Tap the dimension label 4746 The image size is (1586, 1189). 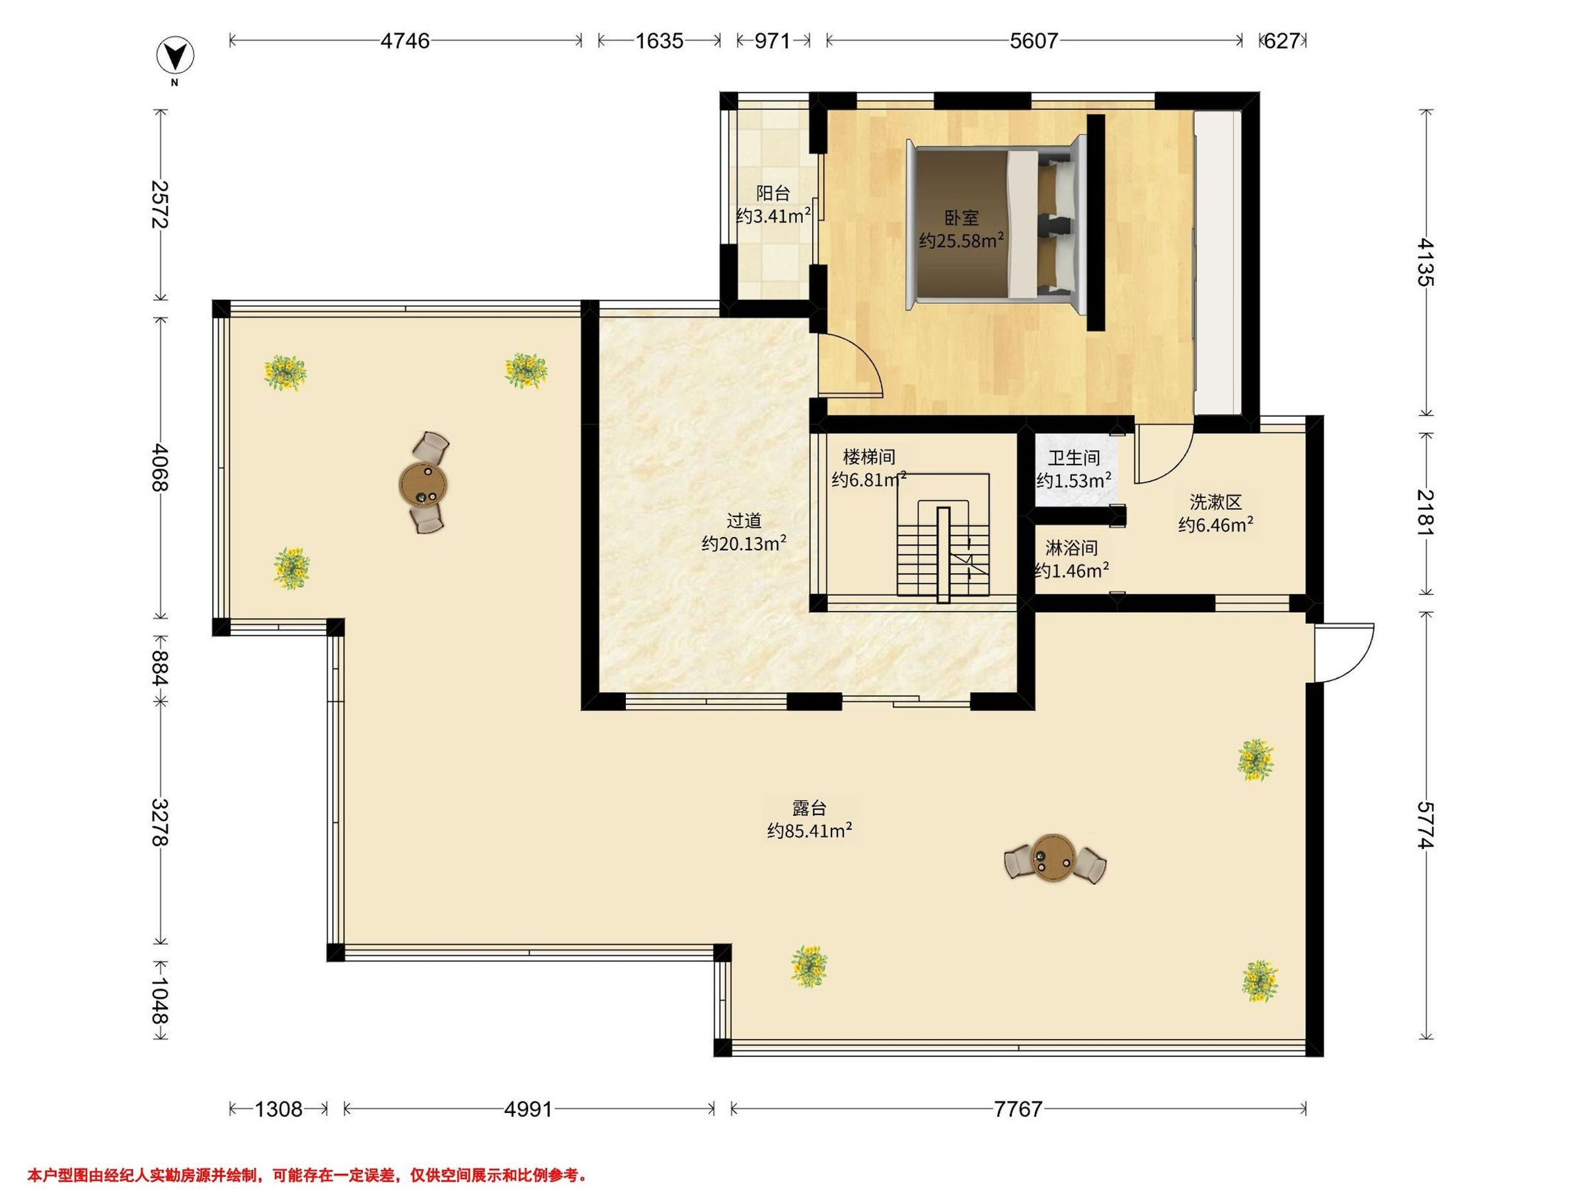point(405,41)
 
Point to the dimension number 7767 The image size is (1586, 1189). point(1018,1110)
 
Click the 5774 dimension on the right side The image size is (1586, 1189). point(1426,826)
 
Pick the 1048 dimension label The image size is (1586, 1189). point(159,1001)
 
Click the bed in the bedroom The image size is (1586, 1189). point(994,225)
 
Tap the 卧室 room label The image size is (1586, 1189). point(961,217)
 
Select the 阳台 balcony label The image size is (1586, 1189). point(773,193)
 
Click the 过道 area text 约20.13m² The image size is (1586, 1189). point(744,544)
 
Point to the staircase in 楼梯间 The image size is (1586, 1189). point(943,537)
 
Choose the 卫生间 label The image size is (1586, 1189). point(1073,457)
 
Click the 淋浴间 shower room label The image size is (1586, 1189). point(1071,548)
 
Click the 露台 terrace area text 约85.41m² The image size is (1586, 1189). point(810,832)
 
